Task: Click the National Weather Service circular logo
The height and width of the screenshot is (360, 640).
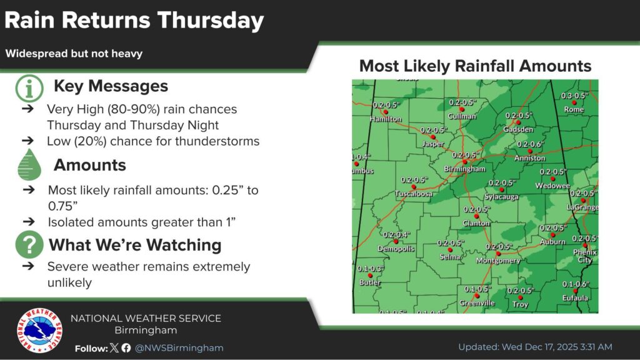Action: [39, 331]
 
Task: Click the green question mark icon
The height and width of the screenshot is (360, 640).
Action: [29, 244]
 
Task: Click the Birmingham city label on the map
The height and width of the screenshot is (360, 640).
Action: [464, 169]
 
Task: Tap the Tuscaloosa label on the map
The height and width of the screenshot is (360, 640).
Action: [414, 194]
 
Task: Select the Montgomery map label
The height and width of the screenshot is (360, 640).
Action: [498, 261]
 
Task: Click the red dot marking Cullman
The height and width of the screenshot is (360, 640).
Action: [463, 109]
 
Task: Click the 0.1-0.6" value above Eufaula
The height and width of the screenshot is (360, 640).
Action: [575, 284]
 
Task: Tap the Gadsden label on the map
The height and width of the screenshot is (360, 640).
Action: [518, 129]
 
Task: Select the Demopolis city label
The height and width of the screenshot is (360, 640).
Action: [396, 249]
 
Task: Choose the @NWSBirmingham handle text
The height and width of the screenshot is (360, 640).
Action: [179, 348]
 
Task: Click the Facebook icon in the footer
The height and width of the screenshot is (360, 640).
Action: [126, 348]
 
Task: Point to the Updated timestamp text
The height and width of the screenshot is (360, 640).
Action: [535, 347]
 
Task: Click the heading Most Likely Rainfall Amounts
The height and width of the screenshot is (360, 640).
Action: [475, 66]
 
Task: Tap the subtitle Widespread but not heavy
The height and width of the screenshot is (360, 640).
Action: [74, 54]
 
